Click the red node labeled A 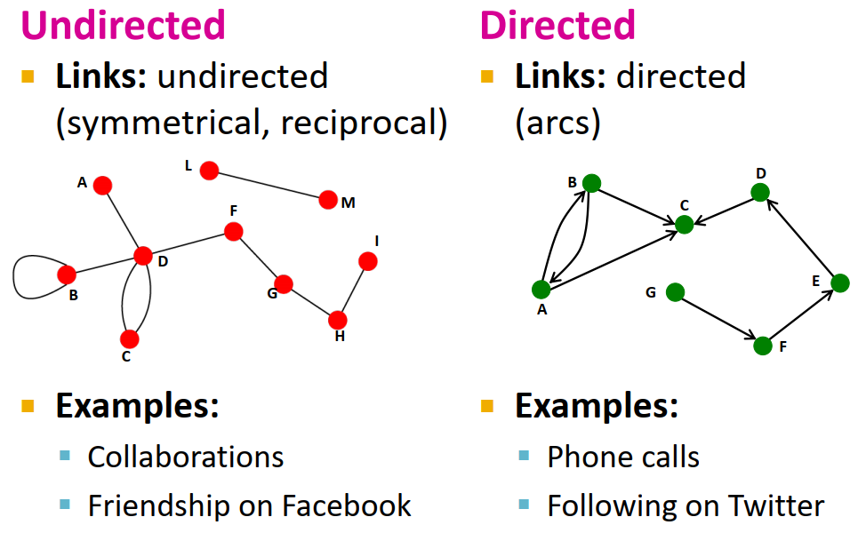click(102, 185)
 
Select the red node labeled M click(328, 200)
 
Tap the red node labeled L click(209, 170)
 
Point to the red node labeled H click(337, 320)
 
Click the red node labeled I click(367, 261)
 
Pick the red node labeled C click(130, 338)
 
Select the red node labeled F click(233, 232)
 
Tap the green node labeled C click(684, 225)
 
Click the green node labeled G click(675, 291)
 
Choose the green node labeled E click(839, 283)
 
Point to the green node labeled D click(759, 192)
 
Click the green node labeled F click(762, 346)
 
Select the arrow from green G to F click(718, 319)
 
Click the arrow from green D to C click(722, 209)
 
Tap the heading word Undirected click(123, 25)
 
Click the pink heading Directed click(557, 25)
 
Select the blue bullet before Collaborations click(64, 456)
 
